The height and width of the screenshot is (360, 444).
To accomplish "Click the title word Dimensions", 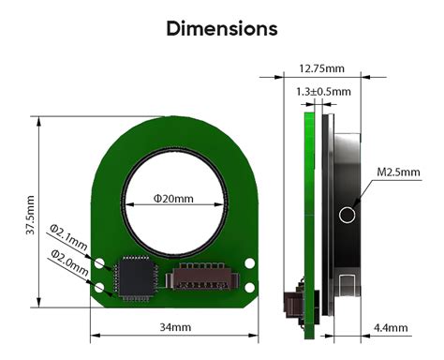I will tap(222, 28).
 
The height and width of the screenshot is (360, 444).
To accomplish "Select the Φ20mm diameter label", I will tap(173, 199).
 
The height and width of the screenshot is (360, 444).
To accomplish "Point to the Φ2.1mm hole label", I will tap(68, 237).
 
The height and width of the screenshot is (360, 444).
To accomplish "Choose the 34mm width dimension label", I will tap(174, 326).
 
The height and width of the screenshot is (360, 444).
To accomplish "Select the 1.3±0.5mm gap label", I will tap(323, 91).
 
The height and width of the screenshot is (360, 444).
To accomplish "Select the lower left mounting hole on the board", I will tap(101, 282).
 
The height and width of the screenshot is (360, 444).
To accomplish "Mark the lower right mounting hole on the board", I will tap(249, 282).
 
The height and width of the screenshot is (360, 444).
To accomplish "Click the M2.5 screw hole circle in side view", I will tap(348, 215).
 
